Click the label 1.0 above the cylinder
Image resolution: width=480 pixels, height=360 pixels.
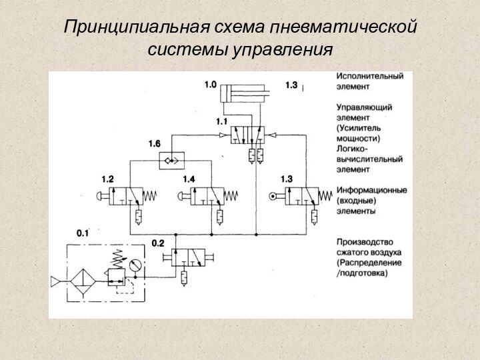(x=210, y=85)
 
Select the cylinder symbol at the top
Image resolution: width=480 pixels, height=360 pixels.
(x=245, y=91)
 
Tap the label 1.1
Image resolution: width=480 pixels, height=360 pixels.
(x=221, y=122)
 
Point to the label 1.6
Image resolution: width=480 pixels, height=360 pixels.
(x=154, y=143)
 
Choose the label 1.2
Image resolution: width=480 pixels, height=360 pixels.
(x=107, y=179)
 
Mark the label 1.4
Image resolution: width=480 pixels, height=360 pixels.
(x=189, y=179)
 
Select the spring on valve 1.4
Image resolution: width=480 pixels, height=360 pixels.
(x=231, y=195)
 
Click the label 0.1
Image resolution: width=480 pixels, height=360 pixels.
(x=82, y=233)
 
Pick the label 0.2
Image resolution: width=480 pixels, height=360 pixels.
(x=158, y=243)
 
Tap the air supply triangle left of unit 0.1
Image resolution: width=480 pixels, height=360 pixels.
(x=56, y=281)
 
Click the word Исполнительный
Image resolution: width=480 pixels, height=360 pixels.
(x=369, y=76)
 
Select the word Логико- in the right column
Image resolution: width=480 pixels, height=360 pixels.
(x=352, y=149)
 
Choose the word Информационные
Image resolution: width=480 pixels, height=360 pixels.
(x=371, y=190)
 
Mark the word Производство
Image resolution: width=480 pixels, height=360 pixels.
(x=365, y=242)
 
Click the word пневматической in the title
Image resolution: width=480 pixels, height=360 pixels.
(x=345, y=27)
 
